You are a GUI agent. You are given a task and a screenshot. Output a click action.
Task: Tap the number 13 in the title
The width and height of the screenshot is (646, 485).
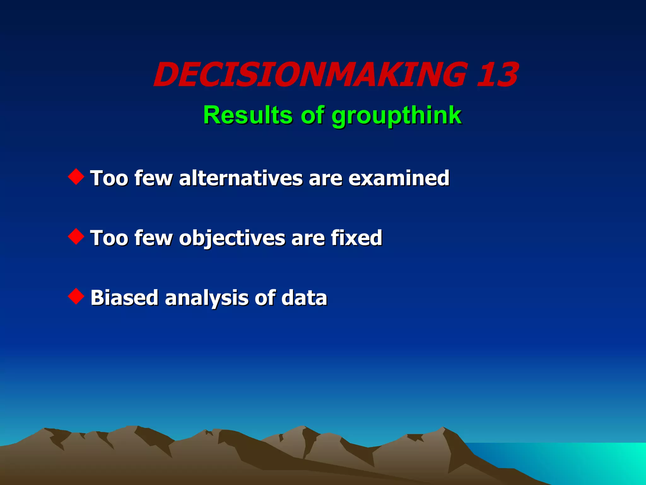tap(497, 75)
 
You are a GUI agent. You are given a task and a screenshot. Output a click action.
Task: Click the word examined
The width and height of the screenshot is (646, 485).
tap(399, 178)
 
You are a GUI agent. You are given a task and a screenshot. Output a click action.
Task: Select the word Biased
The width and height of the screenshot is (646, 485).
tap(124, 297)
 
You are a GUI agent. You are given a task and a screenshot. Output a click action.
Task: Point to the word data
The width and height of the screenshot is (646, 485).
tap(304, 297)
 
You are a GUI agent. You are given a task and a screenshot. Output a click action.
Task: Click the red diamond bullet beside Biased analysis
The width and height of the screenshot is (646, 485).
tap(76, 296)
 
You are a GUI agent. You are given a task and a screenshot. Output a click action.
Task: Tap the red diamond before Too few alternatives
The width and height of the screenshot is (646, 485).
tap(76, 177)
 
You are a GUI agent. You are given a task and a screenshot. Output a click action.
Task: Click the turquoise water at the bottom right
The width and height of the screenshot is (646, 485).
tap(584, 461)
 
